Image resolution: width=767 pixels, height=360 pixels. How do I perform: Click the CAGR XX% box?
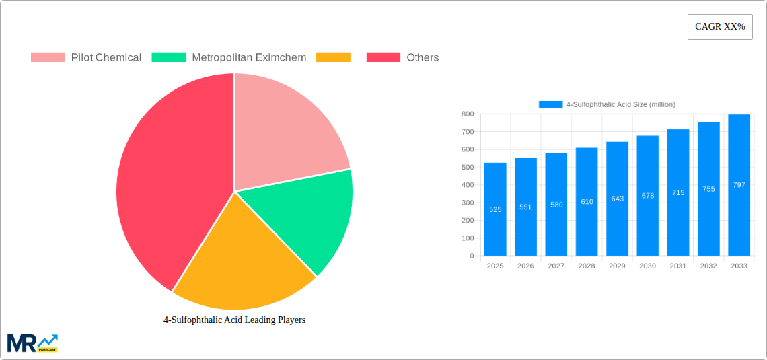click(x=720, y=27)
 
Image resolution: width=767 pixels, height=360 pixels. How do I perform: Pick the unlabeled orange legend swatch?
click(x=333, y=58)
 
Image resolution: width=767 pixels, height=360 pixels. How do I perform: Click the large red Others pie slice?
click(x=168, y=182)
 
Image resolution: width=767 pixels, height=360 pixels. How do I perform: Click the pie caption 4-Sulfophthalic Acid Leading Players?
click(x=234, y=320)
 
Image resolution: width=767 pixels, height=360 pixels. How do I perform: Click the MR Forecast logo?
click(x=32, y=343)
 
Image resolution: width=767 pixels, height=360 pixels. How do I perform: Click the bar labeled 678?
click(x=647, y=196)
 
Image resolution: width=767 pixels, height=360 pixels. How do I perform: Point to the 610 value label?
click(x=587, y=202)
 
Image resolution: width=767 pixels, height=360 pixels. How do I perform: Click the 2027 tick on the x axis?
click(x=556, y=266)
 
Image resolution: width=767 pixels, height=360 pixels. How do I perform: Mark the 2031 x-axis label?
click(x=678, y=266)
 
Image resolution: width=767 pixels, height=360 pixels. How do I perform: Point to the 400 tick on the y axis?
click(x=467, y=185)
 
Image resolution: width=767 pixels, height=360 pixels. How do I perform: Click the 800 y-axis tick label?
click(x=467, y=114)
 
